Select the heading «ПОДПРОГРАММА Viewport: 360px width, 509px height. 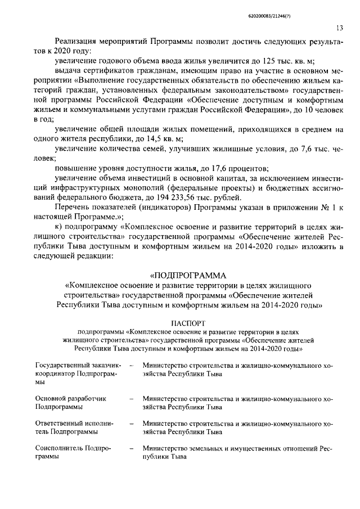click(188, 275)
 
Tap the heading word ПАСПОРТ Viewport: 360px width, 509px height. click(188, 323)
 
